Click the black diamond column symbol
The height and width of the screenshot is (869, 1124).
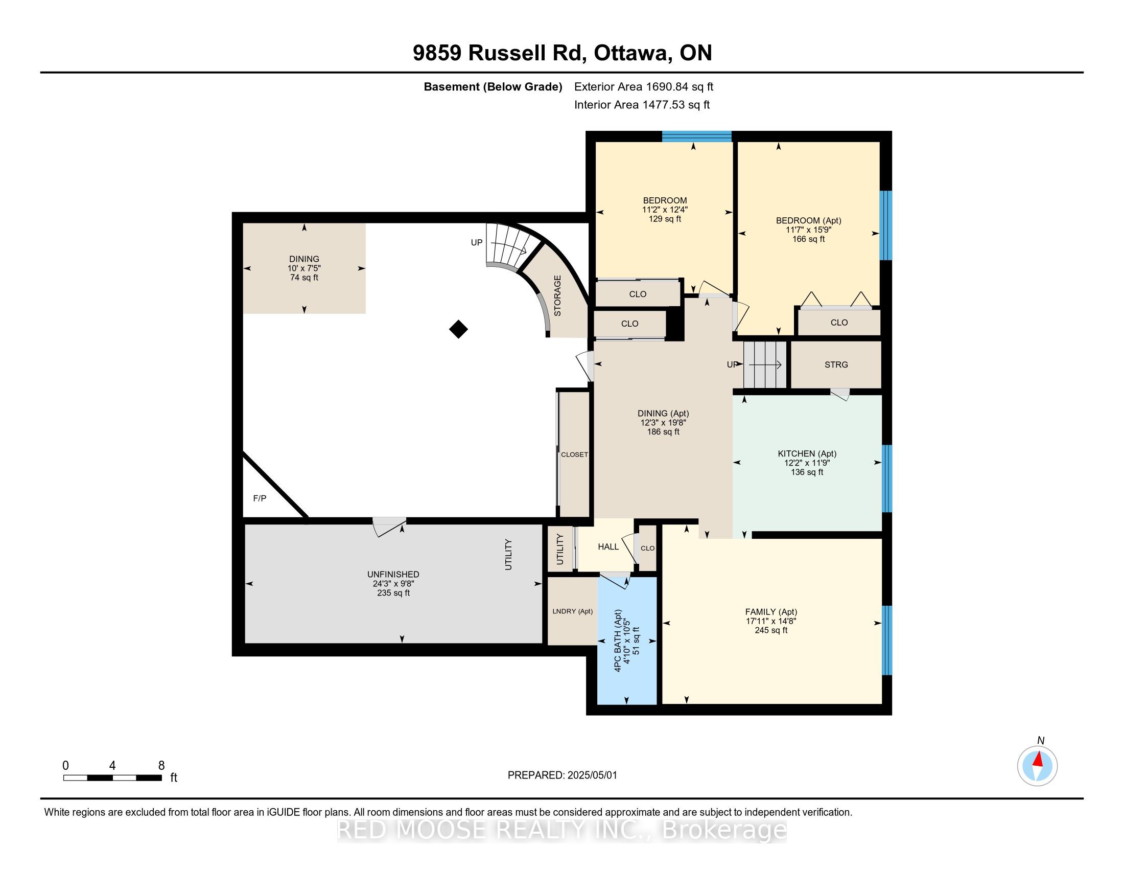458,329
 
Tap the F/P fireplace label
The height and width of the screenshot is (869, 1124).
260,498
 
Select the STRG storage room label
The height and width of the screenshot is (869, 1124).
836,364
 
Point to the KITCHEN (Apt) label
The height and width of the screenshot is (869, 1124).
806,453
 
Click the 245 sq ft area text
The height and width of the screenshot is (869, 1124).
770,630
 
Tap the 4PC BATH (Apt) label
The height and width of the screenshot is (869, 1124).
618,641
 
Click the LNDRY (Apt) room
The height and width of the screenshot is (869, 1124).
572,611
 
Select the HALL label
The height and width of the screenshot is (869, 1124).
608,547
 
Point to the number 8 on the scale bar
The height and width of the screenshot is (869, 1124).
161,766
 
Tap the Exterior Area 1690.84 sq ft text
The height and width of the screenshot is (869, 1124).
643,87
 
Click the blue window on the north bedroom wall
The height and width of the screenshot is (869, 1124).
696,136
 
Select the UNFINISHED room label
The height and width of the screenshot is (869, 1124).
393,575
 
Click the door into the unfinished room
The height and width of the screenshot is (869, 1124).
390,526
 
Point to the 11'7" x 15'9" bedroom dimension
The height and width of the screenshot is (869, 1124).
808,230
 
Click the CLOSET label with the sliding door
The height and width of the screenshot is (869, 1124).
574,454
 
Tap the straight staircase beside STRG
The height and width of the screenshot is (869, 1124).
765,364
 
